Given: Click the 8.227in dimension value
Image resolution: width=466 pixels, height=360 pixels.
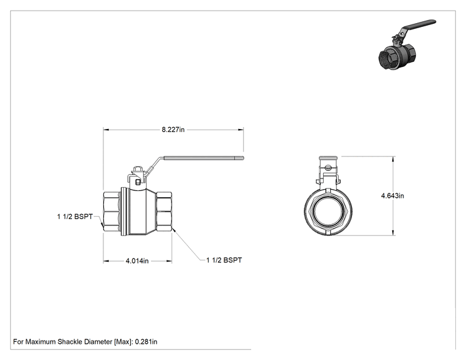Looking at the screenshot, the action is [x=173, y=130].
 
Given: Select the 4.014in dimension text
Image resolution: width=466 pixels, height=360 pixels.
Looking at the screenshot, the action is [x=137, y=261].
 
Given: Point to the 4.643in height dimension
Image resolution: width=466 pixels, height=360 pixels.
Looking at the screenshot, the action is [x=393, y=196].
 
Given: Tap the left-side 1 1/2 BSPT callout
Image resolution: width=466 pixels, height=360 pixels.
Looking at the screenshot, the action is [x=75, y=217].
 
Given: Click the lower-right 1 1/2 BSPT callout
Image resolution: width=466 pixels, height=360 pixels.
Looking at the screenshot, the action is [x=224, y=260].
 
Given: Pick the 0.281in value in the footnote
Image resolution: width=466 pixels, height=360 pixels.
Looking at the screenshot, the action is [x=146, y=342].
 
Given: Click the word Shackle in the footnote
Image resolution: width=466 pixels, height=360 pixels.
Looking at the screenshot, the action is [x=70, y=342].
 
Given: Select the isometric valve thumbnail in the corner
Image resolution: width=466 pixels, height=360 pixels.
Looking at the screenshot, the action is [x=407, y=44].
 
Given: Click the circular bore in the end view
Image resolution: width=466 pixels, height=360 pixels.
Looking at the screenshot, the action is [x=328, y=212].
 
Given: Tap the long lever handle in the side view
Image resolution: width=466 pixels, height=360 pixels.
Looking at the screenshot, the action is [x=196, y=158].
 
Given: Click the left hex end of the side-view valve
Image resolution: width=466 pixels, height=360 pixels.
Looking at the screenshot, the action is [x=111, y=211].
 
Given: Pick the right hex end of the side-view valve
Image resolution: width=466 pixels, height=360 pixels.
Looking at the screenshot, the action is [x=163, y=211].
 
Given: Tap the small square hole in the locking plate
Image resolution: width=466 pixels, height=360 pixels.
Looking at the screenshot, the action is [x=138, y=182].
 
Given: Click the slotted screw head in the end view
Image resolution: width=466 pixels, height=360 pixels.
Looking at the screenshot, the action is [x=328, y=168].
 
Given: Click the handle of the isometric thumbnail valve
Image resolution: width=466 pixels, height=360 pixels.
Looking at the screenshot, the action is [x=418, y=27].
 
